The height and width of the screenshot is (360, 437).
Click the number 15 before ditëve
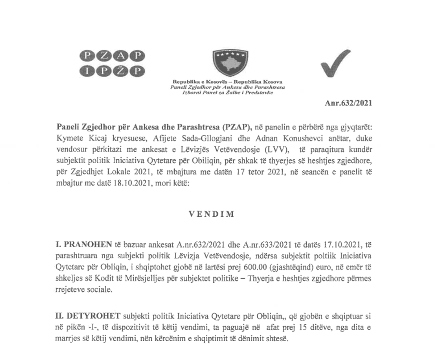coord(277,327)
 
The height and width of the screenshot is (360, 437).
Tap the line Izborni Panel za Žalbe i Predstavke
coord(228,92)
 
